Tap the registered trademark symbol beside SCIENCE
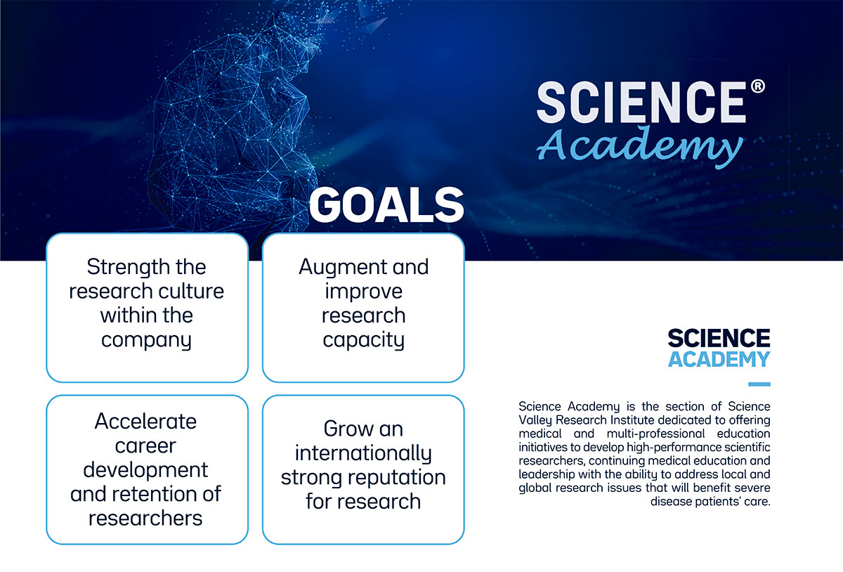point(757,87)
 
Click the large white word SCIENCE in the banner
point(641,103)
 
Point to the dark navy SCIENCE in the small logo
point(719,339)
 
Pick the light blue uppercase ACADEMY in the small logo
point(719,359)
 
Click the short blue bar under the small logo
point(759,384)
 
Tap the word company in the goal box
point(146,340)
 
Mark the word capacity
point(363,340)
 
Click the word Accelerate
point(146,421)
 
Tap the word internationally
point(363,453)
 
